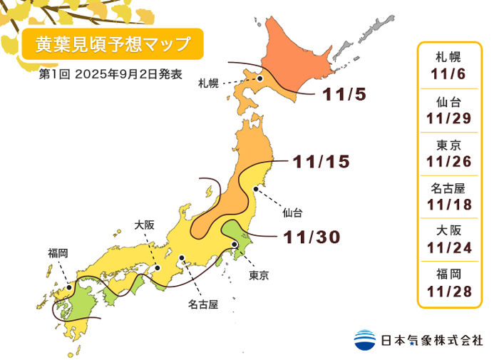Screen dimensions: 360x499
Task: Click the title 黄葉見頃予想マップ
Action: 113,45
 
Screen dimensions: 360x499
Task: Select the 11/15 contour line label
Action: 321,162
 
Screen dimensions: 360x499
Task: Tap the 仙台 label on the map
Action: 292,212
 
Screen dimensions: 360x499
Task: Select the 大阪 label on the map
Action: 144,225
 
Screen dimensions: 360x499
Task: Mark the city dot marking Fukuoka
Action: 69,288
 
